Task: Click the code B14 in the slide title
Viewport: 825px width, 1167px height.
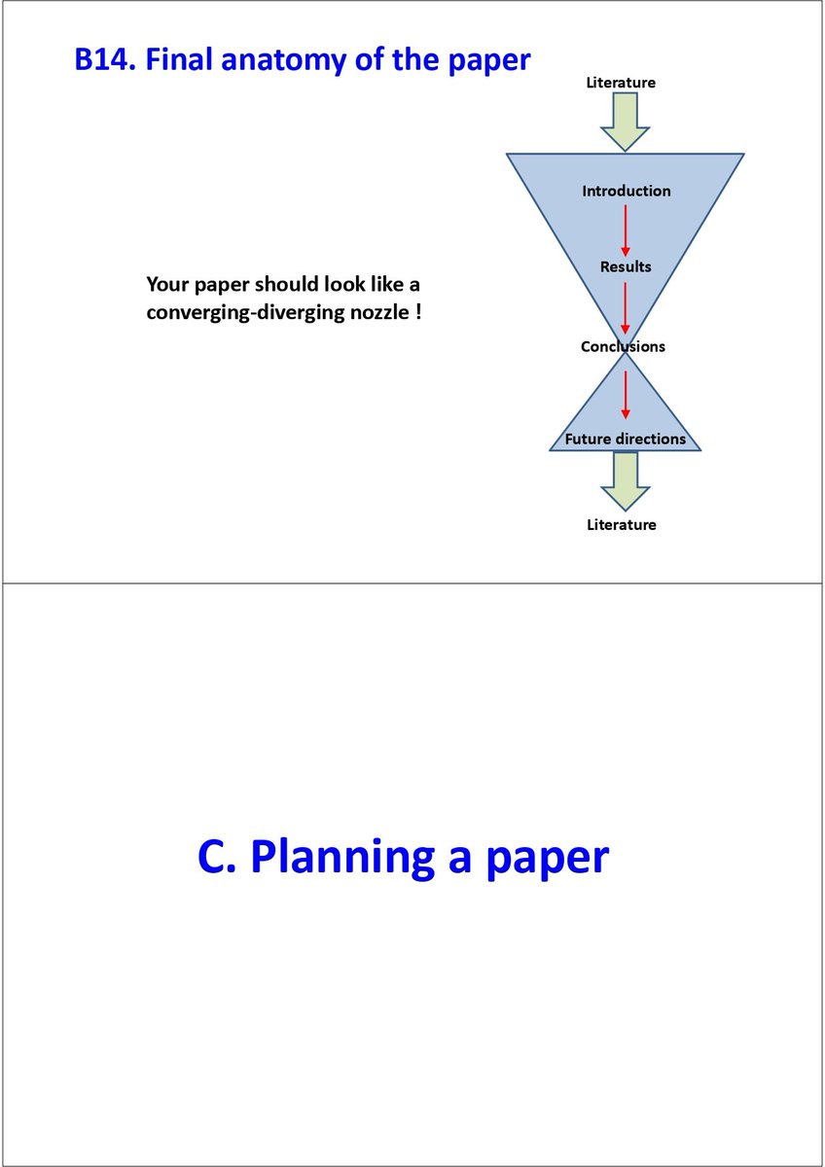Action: [104, 60]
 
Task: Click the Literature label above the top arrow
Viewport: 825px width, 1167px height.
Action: [621, 83]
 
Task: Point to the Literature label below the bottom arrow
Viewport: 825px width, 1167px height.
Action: [622, 525]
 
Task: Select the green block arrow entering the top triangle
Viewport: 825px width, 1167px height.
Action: [625, 124]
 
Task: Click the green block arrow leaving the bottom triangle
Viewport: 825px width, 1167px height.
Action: [625, 481]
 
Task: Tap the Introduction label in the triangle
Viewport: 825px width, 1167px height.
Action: [627, 192]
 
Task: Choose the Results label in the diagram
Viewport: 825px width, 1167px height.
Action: [626, 266]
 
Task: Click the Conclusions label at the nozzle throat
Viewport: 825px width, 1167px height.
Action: [623, 346]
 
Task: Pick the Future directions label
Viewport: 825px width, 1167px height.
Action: [625, 439]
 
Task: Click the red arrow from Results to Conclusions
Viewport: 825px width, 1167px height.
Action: [626, 306]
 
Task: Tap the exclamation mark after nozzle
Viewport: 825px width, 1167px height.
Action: [418, 314]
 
